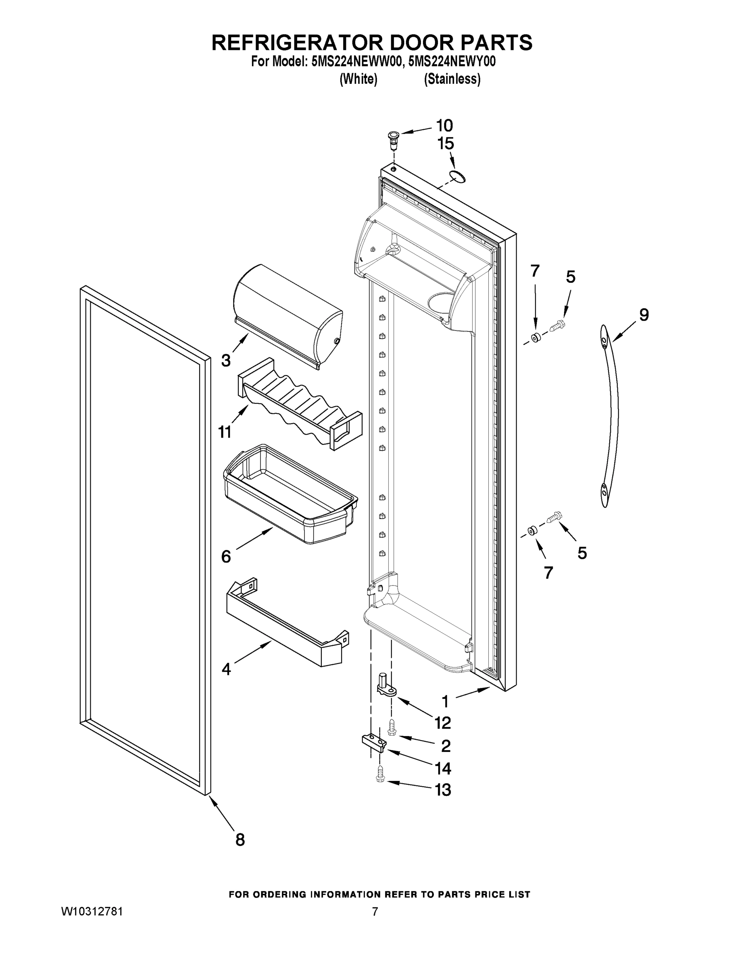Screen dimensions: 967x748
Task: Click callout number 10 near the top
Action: (444, 126)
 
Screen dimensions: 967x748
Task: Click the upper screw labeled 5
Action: (556, 326)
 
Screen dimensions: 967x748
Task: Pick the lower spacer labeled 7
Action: (532, 531)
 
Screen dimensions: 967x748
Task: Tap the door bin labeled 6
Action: (290, 494)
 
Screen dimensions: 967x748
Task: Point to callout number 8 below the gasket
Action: (240, 839)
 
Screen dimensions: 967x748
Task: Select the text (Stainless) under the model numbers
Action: (452, 79)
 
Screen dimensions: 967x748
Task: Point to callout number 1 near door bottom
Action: (445, 701)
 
